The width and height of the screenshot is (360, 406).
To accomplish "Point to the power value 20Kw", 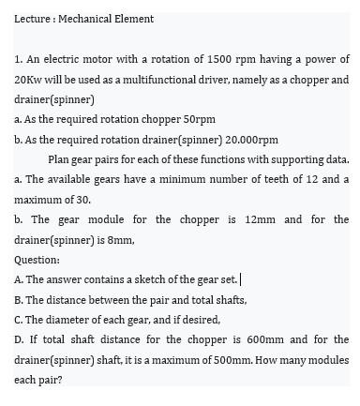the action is (x=29, y=80).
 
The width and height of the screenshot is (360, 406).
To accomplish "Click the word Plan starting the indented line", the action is (x=60, y=159).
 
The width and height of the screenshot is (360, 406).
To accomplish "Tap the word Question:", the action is (x=37, y=260).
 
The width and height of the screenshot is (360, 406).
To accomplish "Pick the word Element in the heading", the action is (x=135, y=19).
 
